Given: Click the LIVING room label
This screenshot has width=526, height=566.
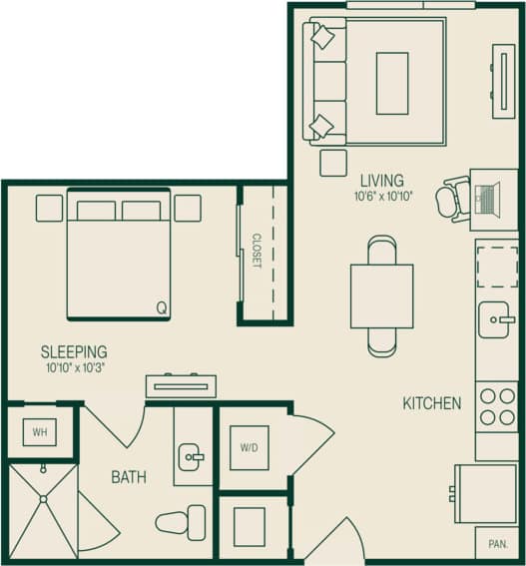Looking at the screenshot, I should tap(382, 181).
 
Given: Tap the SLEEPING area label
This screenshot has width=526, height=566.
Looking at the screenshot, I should tap(74, 351).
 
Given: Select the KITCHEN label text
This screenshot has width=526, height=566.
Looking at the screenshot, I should tap(431, 403).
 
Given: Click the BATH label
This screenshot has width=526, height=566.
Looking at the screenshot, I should tap(129, 477).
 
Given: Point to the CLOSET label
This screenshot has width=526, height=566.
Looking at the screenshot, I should tap(256, 252).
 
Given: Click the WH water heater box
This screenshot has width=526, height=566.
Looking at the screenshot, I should tap(40, 432).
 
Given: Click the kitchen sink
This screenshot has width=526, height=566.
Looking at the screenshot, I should tap(496, 320).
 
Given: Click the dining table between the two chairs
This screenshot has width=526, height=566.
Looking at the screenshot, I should tap(382, 295).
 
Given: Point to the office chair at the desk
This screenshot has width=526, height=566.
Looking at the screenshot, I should tap(454, 199).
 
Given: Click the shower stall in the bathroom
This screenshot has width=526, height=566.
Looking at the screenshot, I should tap(42, 509).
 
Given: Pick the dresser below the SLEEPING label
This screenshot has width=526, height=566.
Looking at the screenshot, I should tap(181, 385).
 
